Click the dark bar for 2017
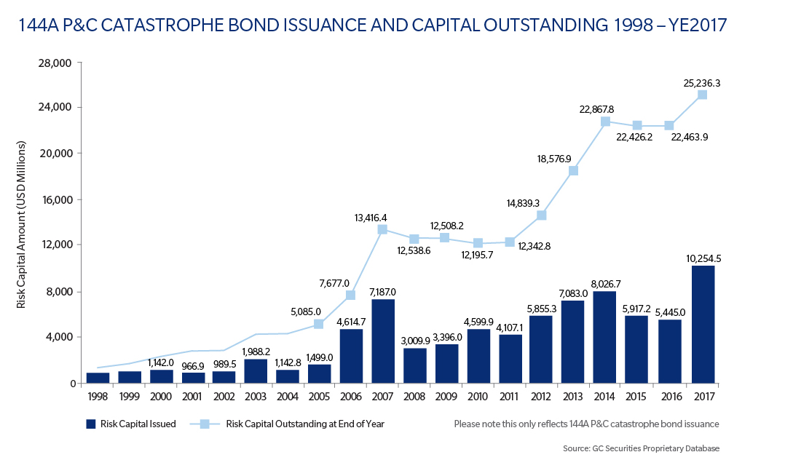703,325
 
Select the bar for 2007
383,341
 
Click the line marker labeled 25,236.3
702,95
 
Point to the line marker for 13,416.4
383,230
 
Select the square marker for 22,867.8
606,122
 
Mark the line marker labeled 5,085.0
319,324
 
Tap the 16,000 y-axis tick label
55,199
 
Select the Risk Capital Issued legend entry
131,424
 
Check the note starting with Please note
586,424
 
